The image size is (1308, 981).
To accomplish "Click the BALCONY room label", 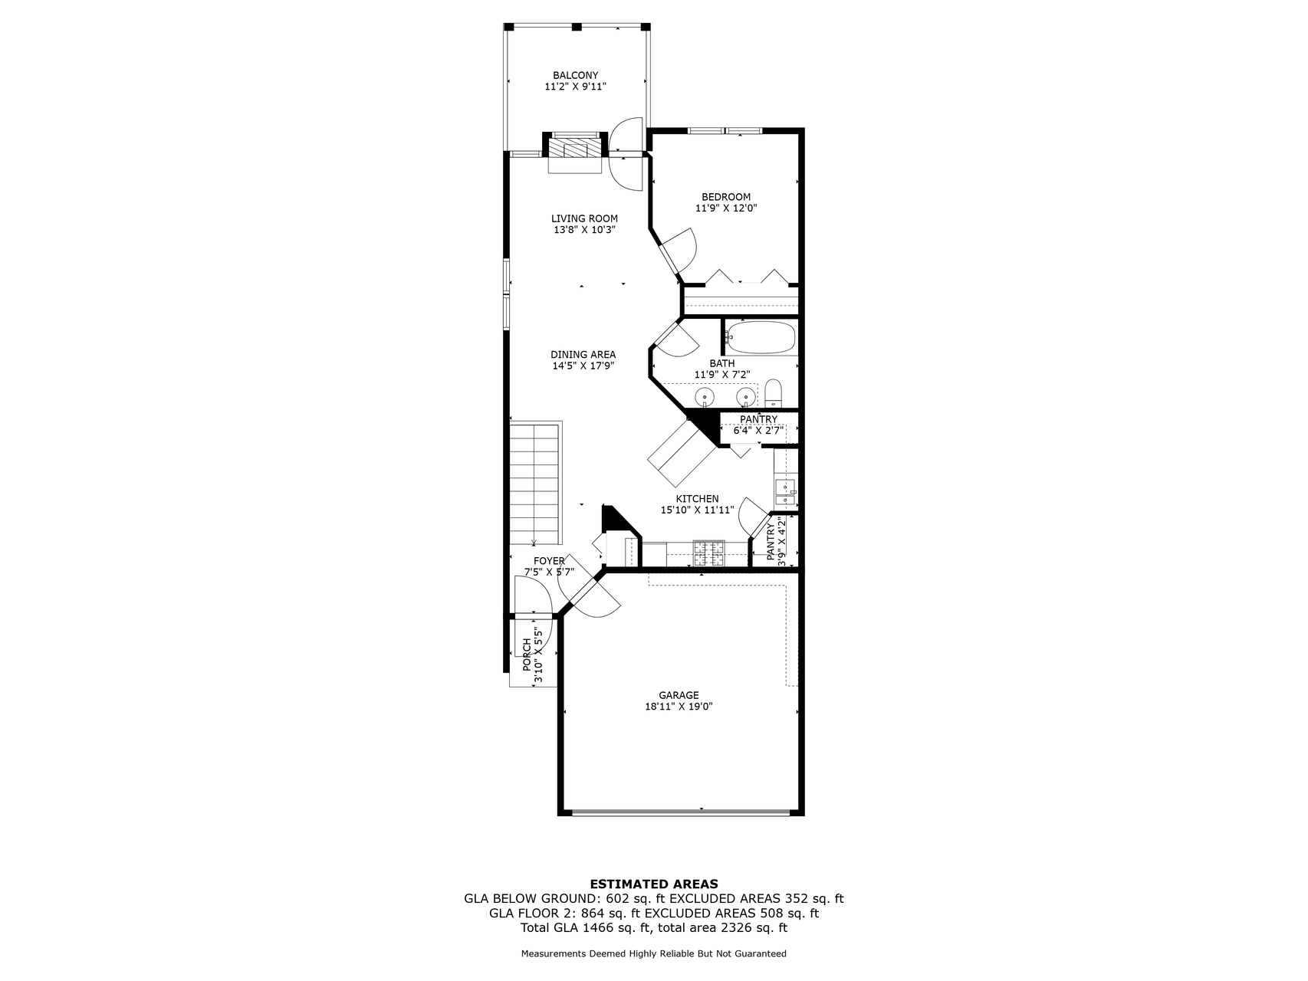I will click(575, 75).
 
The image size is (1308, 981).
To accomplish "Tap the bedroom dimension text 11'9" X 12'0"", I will click(726, 208).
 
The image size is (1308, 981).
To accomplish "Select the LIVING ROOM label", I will click(584, 218).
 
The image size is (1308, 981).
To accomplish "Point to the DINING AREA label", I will click(583, 355).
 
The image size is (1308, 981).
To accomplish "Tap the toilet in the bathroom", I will click(773, 393).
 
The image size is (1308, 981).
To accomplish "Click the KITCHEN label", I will click(697, 499).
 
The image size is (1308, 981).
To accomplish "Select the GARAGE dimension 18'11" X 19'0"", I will click(679, 707).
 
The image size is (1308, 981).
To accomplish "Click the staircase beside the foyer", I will click(535, 483).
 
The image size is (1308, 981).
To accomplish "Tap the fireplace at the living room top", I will click(574, 149).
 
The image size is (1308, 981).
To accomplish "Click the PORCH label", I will click(527, 655).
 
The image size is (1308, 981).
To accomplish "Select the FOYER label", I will click(549, 561).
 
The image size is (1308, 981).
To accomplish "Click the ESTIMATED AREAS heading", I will click(653, 884).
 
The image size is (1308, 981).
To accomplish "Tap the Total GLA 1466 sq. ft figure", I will click(586, 928).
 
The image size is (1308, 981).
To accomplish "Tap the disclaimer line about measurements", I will click(653, 954).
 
